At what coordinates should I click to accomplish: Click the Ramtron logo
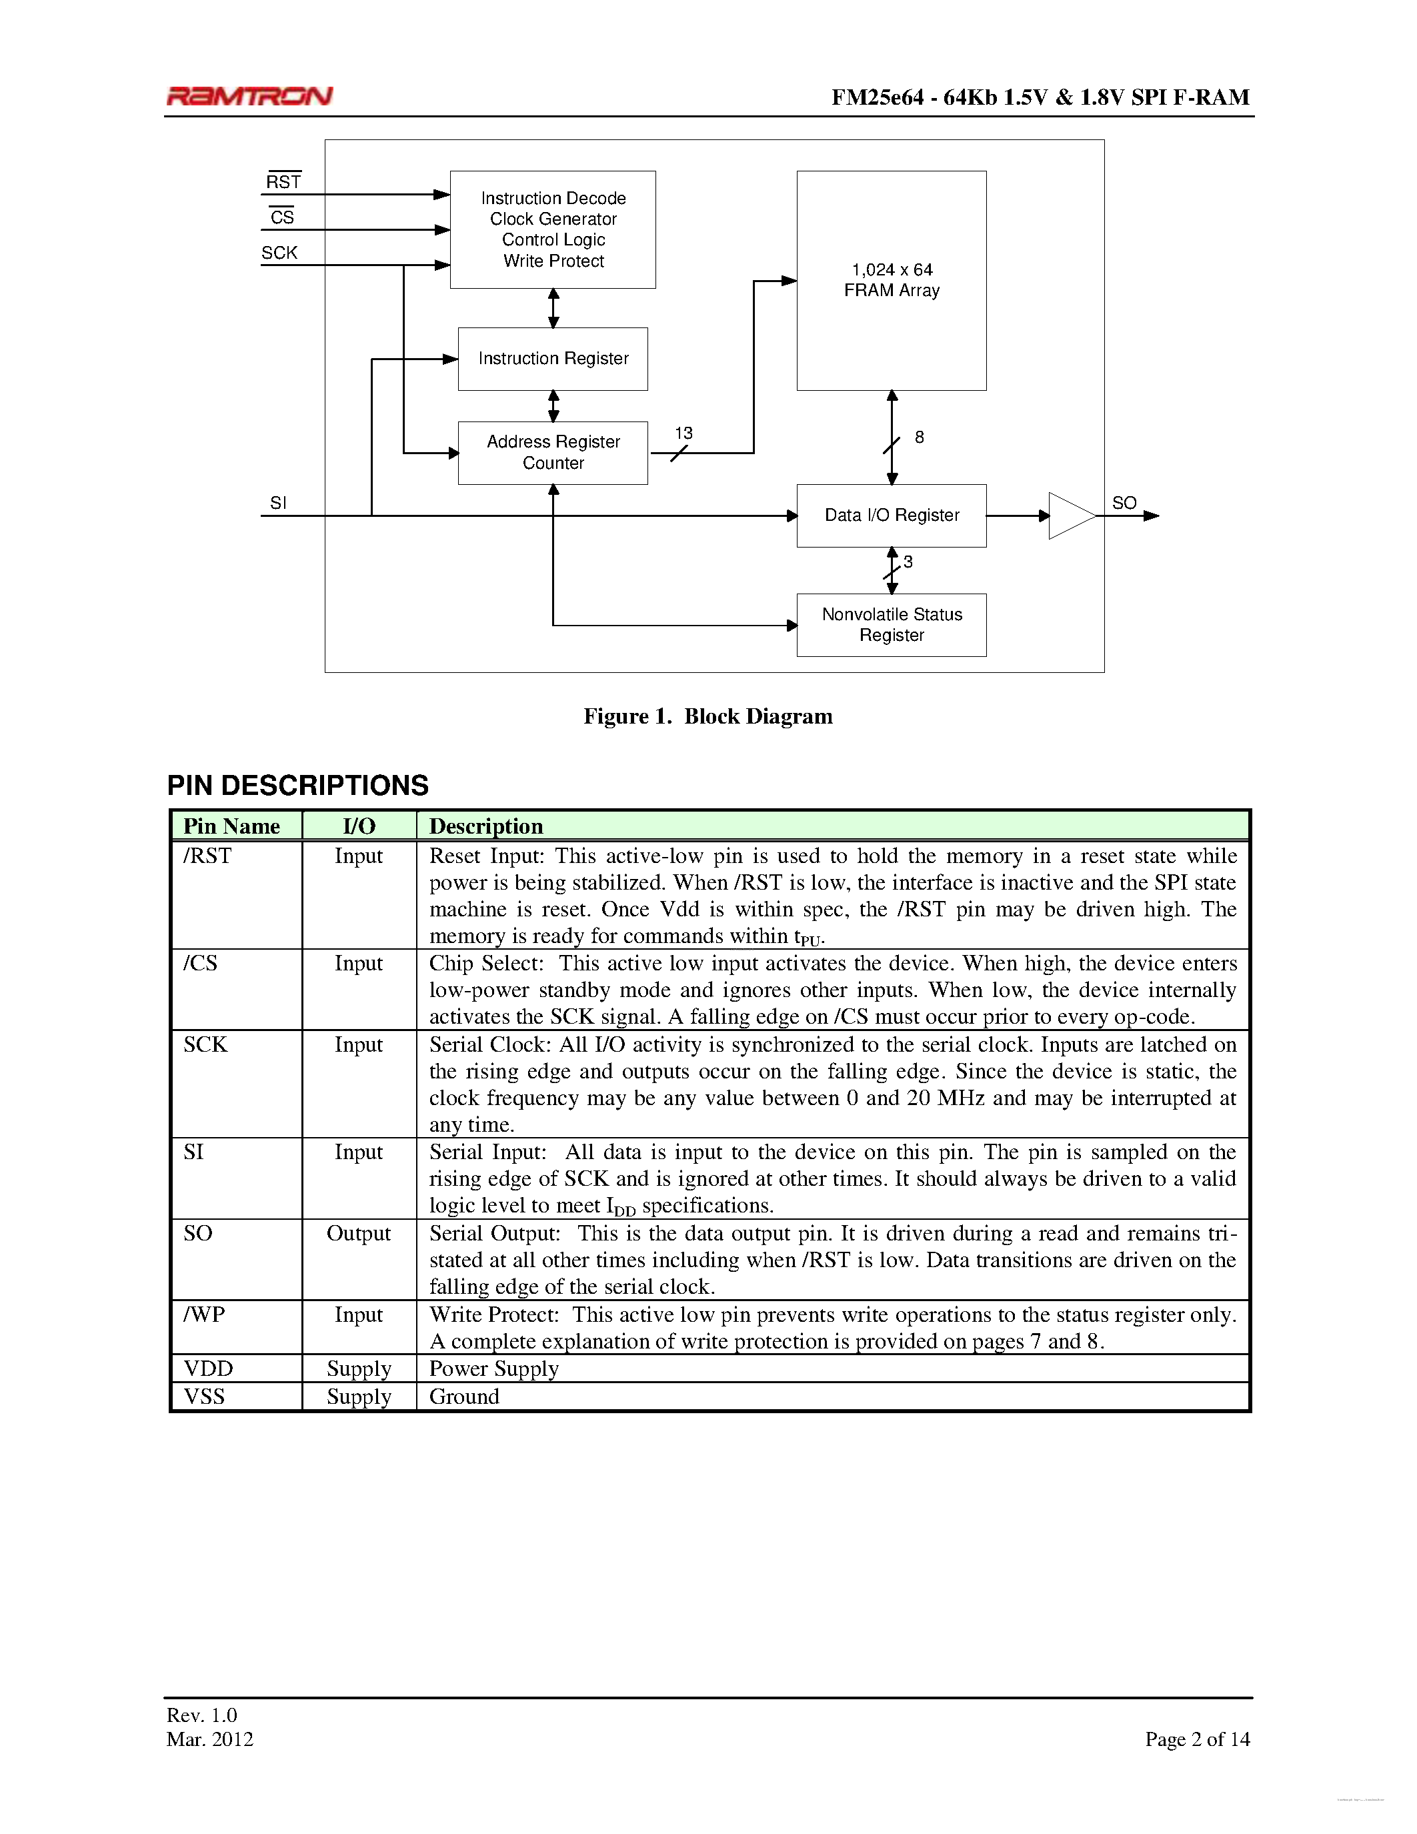click(x=249, y=96)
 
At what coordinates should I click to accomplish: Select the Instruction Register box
click(x=552, y=359)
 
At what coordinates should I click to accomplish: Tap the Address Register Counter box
click(x=552, y=453)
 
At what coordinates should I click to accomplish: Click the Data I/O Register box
click(x=891, y=516)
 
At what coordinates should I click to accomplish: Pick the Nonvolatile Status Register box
click(x=891, y=625)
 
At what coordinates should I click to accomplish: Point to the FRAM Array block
click(x=891, y=281)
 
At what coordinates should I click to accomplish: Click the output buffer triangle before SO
click(x=1070, y=516)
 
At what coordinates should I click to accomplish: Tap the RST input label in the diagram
click(x=283, y=182)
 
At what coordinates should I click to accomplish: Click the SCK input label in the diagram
click(x=279, y=253)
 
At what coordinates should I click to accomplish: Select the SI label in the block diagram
click(x=278, y=503)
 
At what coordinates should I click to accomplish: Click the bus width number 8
click(x=919, y=437)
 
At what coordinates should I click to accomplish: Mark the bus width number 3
click(x=908, y=562)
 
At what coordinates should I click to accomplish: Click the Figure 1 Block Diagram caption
click(x=707, y=716)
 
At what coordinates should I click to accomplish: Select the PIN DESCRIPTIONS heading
click(x=298, y=785)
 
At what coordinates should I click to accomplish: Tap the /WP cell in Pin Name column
click(x=205, y=1314)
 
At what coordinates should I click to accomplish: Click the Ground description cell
click(x=464, y=1397)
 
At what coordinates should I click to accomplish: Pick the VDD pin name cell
click(x=208, y=1368)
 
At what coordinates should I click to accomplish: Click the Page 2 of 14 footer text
click(x=1197, y=1739)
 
